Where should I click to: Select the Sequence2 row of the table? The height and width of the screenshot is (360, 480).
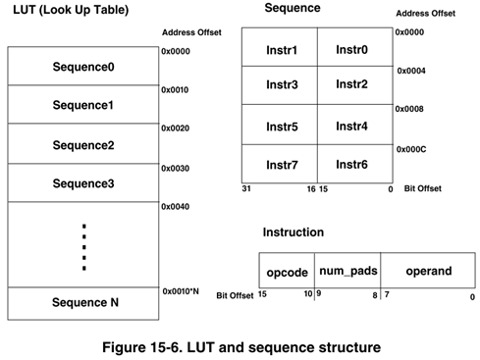[x=82, y=145]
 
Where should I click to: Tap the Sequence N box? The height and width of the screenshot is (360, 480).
[x=82, y=303]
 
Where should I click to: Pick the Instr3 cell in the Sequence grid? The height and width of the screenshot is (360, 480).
[x=282, y=85]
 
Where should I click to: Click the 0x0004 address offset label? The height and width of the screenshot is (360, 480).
[x=412, y=71]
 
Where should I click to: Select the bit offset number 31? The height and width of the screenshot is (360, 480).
[x=246, y=188]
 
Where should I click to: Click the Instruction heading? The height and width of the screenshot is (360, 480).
[x=293, y=232]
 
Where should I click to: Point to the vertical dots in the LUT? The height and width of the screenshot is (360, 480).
[x=83, y=246]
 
